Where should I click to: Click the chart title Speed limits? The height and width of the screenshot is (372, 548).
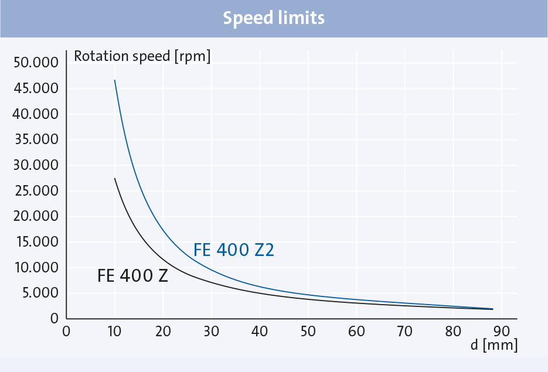(x=274, y=18)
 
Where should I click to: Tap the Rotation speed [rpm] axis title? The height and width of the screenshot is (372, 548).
(x=142, y=57)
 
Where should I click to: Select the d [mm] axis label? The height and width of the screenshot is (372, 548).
(x=493, y=346)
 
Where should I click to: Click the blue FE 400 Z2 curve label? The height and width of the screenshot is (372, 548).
(x=234, y=250)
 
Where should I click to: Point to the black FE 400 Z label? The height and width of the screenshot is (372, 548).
(x=133, y=275)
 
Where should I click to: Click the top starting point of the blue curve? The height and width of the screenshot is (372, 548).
(x=114, y=80)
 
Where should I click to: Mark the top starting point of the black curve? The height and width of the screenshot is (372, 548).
(x=114, y=178)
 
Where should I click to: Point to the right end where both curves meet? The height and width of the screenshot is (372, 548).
(x=492, y=309)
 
